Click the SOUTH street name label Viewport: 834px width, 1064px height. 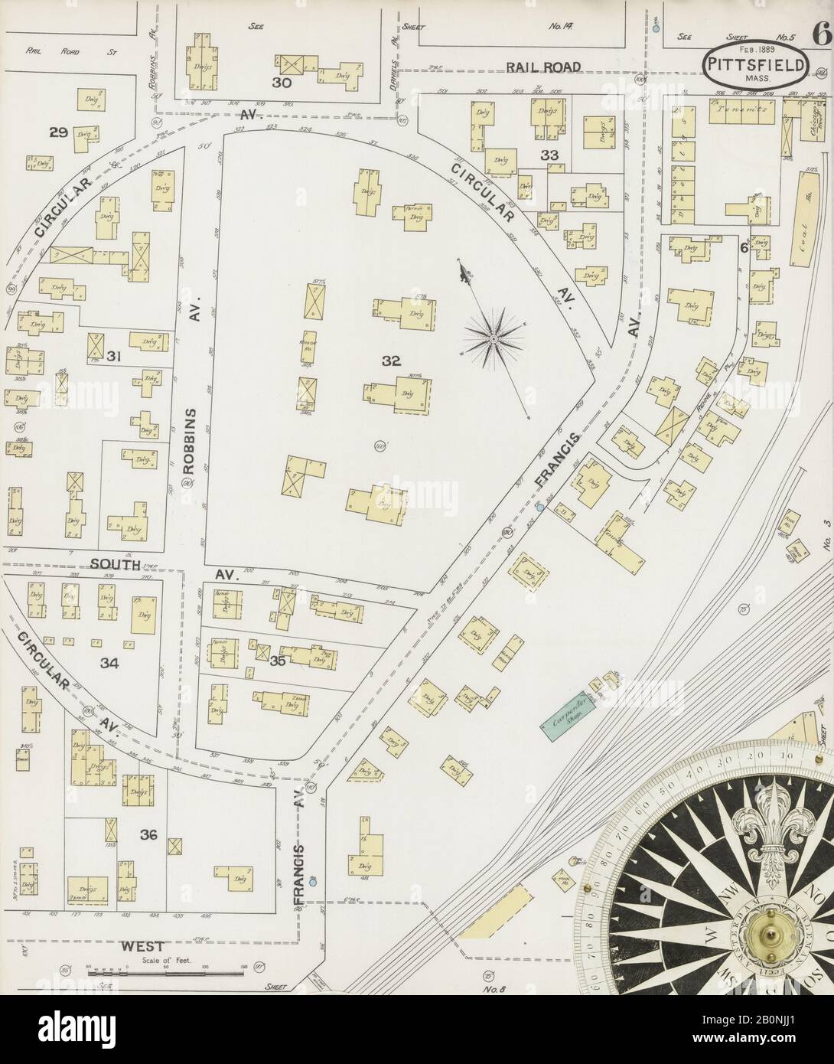pyautogui.click(x=113, y=565)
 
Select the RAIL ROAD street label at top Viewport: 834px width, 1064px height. pyautogui.click(x=543, y=67)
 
